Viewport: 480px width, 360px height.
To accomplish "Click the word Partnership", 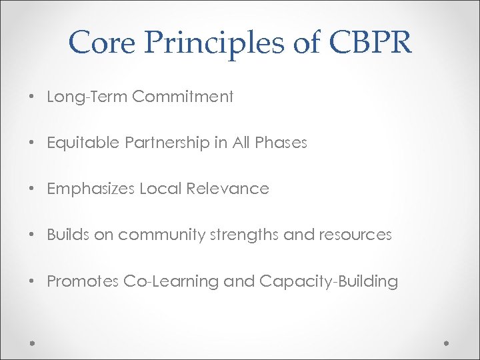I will click(162, 143).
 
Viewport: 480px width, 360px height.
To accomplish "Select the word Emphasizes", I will click(91, 189).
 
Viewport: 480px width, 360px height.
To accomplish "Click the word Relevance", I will click(227, 189).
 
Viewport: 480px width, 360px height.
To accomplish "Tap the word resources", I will click(356, 235).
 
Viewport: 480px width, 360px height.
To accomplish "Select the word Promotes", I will click(83, 281).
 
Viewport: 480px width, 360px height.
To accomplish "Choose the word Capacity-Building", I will click(329, 282).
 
